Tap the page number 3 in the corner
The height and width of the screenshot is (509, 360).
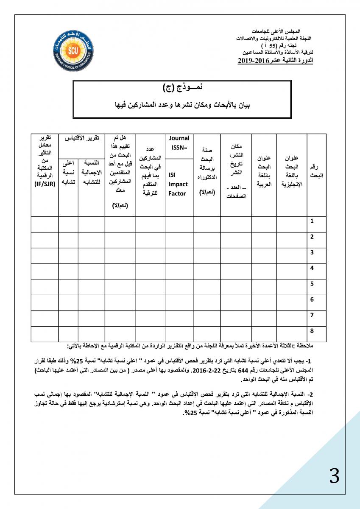[x=334, y=477]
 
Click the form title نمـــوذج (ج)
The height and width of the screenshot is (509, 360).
[x=182, y=88]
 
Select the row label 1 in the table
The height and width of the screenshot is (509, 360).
[x=312, y=221]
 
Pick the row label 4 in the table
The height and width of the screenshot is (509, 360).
[x=312, y=268]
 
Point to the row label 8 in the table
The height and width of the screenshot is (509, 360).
[x=312, y=331]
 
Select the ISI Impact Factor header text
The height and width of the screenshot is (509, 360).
[x=178, y=184]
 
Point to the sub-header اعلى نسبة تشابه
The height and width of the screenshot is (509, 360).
[x=68, y=172]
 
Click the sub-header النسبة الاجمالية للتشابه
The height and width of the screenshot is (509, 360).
[x=91, y=172]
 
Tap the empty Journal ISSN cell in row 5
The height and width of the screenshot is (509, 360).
[x=179, y=284]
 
